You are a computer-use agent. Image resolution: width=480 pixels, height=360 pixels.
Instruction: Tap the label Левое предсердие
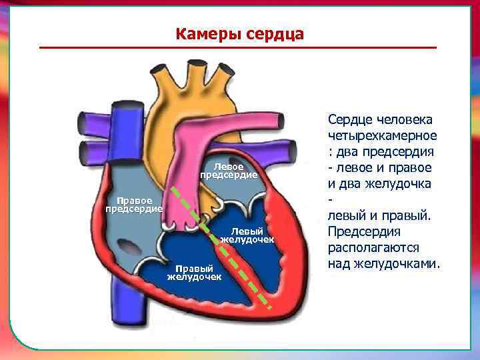pyautogui.click(x=228, y=171)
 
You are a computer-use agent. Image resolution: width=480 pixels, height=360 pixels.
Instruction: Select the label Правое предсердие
pyautogui.click(x=134, y=205)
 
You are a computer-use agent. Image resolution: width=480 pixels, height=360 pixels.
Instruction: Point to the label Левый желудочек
pyautogui.click(x=247, y=235)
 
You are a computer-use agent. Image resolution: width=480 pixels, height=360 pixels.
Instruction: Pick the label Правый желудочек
pyautogui.click(x=194, y=273)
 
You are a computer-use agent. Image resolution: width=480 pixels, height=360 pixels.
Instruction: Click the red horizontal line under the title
pyautogui.click(x=237, y=48)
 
